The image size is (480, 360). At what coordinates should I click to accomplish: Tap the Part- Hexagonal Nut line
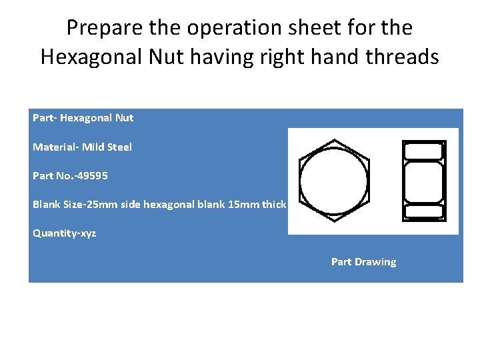coord(83,118)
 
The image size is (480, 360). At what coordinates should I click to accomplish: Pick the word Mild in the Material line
coord(93,147)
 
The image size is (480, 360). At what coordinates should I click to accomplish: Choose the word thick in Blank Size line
coord(274,205)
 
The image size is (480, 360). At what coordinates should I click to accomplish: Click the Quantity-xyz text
coord(64,233)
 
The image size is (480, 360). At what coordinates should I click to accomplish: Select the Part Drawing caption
coord(363,262)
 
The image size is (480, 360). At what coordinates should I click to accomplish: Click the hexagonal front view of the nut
coord(334,180)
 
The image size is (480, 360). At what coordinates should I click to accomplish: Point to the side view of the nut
coord(424,180)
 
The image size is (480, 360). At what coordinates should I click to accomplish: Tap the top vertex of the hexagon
coord(334,139)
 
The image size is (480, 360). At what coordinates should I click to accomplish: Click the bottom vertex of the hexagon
coord(334,219)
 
